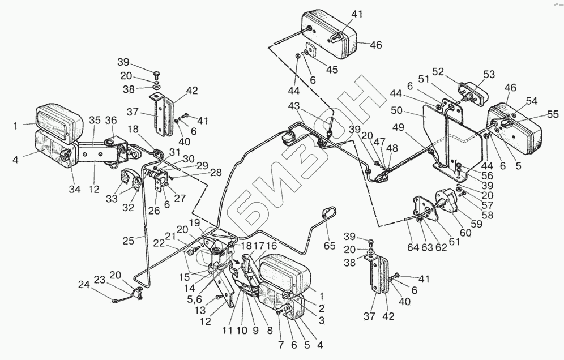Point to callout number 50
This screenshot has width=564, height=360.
click(x=397, y=110)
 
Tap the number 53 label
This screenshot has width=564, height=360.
click(x=489, y=74)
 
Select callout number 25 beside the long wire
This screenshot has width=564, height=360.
click(x=129, y=240)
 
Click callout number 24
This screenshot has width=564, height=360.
click(x=84, y=285)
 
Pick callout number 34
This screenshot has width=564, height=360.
click(x=75, y=189)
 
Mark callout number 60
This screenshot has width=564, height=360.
click(x=465, y=233)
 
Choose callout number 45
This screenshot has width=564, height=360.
click(x=332, y=69)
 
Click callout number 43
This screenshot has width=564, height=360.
click(x=294, y=106)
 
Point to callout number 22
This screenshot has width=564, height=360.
click(x=159, y=243)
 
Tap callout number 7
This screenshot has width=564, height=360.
click(x=280, y=345)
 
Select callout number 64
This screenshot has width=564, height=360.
click(x=413, y=247)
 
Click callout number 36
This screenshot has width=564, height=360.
click(x=111, y=120)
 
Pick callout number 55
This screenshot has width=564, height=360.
click(x=553, y=114)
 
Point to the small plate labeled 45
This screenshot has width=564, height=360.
click(x=310, y=50)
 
